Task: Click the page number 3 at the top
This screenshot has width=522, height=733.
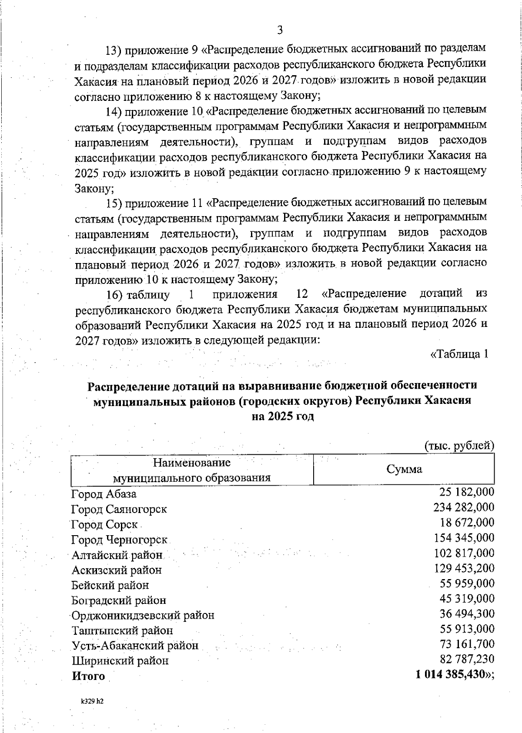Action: pos(280,30)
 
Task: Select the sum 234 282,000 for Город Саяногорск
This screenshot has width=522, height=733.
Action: pos(464,507)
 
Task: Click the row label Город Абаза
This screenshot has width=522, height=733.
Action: pos(104,494)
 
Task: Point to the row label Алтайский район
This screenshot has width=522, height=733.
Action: pos(117,555)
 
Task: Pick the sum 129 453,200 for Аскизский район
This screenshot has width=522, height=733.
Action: pos(464,568)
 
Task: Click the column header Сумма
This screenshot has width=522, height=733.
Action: pos(404,470)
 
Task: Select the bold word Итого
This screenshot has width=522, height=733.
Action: pos(88,676)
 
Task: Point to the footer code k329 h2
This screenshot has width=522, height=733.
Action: pos(92,701)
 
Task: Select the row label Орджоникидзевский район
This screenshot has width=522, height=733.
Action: pos(143,616)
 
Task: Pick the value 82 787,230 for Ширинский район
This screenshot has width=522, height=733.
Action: pos(467,659)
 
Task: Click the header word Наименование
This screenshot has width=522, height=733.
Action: pos(192,462)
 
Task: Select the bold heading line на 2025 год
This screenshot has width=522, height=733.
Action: pos(283,416)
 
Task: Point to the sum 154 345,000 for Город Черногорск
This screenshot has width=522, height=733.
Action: pos(464,538)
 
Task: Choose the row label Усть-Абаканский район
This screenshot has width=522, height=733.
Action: pos(135,646)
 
